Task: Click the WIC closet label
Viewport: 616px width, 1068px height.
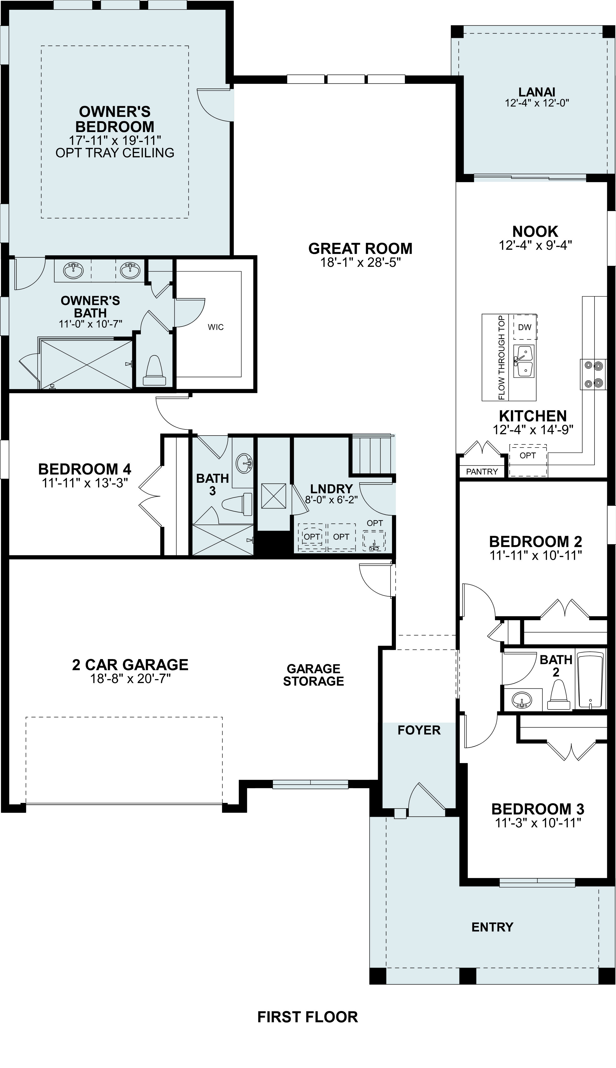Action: coord(216,327)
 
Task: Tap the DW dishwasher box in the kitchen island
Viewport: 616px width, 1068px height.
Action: coord(525,327)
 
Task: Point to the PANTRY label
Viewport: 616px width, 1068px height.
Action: coord(482,472)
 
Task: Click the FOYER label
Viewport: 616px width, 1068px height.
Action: coord(419,730)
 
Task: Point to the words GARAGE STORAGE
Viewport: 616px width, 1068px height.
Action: coord(314,675)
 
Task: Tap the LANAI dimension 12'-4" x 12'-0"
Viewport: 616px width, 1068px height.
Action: coord(537,102)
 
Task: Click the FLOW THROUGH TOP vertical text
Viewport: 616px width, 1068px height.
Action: coord(502,357)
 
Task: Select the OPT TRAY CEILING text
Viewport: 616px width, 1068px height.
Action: coord(115,153)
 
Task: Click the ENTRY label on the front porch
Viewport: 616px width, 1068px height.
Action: coord(492,927)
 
